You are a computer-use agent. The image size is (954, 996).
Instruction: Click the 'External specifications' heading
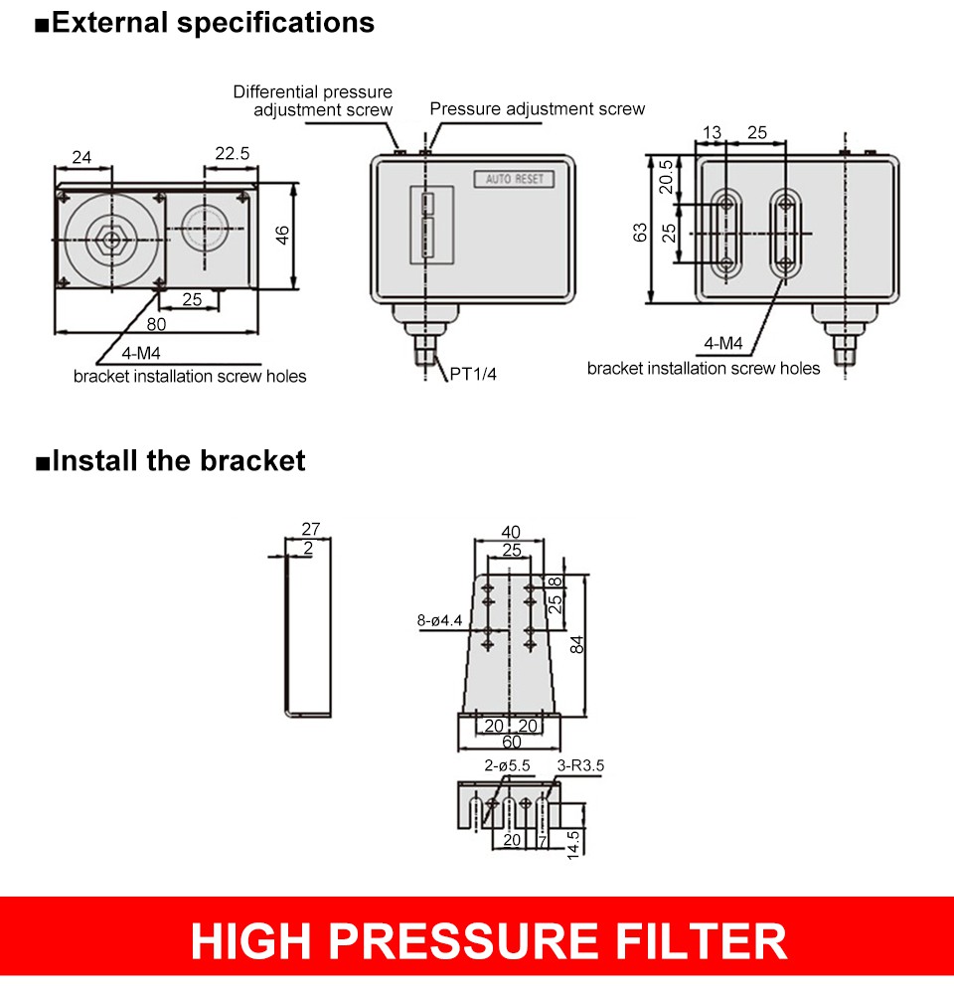[213, 23]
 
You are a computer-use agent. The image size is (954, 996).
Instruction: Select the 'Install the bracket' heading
[178, 461]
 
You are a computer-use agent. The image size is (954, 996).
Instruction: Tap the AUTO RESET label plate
[513, 180]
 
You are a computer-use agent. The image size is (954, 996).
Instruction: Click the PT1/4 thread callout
[474, 375]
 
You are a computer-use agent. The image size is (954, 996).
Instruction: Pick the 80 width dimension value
[156, 323]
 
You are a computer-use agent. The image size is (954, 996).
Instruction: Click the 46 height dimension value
[283, 236]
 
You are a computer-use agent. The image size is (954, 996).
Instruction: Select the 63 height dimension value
[641, 232]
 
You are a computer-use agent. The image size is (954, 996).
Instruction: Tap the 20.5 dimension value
[666, 178]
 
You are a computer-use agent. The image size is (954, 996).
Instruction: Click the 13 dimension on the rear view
[713, 132]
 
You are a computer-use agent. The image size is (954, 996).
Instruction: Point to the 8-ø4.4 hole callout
[439, 621]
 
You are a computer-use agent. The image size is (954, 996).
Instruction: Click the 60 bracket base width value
[511, 743]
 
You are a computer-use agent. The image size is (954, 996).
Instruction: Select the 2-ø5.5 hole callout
[507, 765]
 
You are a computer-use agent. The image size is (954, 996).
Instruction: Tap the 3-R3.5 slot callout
[580, 765]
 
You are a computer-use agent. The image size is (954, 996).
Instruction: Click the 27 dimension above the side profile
[310, 530]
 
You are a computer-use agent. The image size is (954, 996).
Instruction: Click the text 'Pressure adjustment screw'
[537, 108]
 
